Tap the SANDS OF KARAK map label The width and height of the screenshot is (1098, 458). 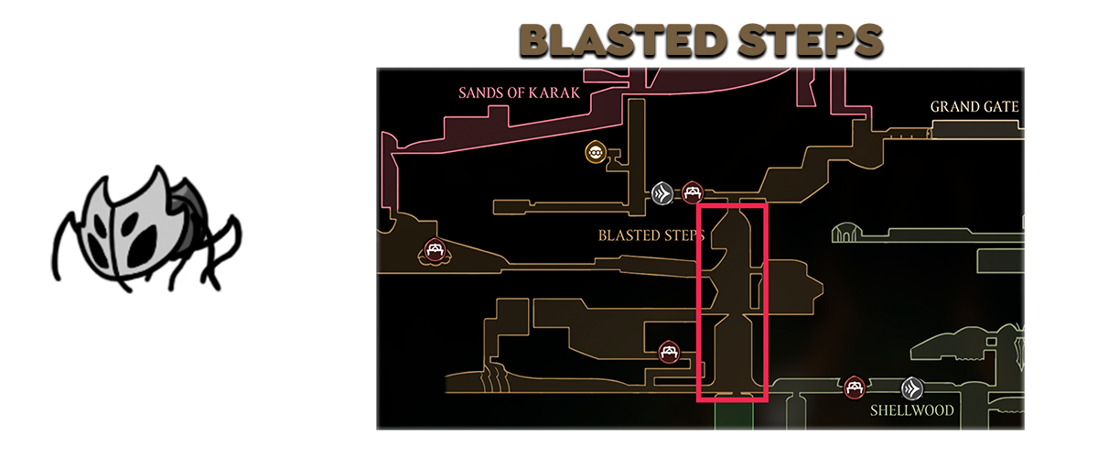point(520,93)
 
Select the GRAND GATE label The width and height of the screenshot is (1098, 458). point(974,107)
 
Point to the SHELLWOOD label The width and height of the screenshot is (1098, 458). point(912,410)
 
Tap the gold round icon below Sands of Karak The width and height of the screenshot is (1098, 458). point(597,151)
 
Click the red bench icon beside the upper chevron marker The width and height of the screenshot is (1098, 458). point(692,192)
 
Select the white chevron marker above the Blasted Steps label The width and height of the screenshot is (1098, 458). point(662,192)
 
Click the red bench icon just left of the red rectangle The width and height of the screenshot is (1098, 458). point(670,351)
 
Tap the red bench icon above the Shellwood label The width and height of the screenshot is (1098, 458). point(855,387)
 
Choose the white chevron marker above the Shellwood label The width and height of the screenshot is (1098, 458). point(911,387)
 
